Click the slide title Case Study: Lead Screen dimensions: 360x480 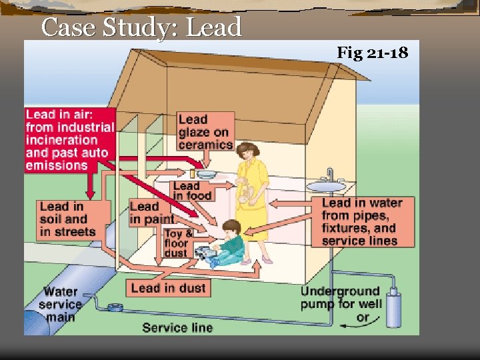pyautogui.click(x=141, y=27)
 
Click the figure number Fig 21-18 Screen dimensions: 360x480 pyautogui.click(x=372, y=52)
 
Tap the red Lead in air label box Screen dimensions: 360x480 pyautogui.click(x=70, y=140)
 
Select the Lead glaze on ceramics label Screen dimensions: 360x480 pyautogui.click(x=205, y=131)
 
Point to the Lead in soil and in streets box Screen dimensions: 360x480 pyautogui.click(x=67, y=219)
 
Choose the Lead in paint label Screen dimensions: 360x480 pyautogui.click(x=152, y=213)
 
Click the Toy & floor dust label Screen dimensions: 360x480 pyautogui.click(x=179, y=243)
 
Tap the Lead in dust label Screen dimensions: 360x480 pyautogui.click(x=168, y=287)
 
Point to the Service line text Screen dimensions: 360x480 pyautogui.click(x=177, y=327)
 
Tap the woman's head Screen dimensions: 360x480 pyautogui.click(x=247, y=153)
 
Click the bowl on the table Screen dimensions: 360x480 pyautogui.click(x=206, y=175)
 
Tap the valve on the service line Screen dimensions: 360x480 pyautogui.click(x=115, y=308)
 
